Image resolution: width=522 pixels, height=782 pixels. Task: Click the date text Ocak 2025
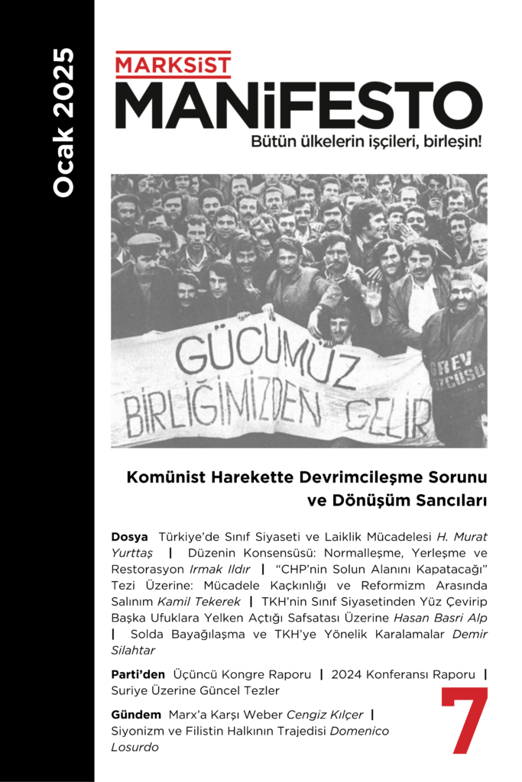[64, 122]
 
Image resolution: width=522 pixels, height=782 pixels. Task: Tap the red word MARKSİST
[173, 64]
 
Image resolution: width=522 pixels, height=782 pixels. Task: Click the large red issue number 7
[464, 721]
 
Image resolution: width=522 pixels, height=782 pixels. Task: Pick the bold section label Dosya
[129, 538]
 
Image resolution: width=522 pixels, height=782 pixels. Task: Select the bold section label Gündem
[136, 716]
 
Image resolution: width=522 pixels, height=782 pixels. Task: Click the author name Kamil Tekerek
[205, 602]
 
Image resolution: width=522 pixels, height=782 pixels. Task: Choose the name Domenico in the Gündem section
[361, 732]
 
